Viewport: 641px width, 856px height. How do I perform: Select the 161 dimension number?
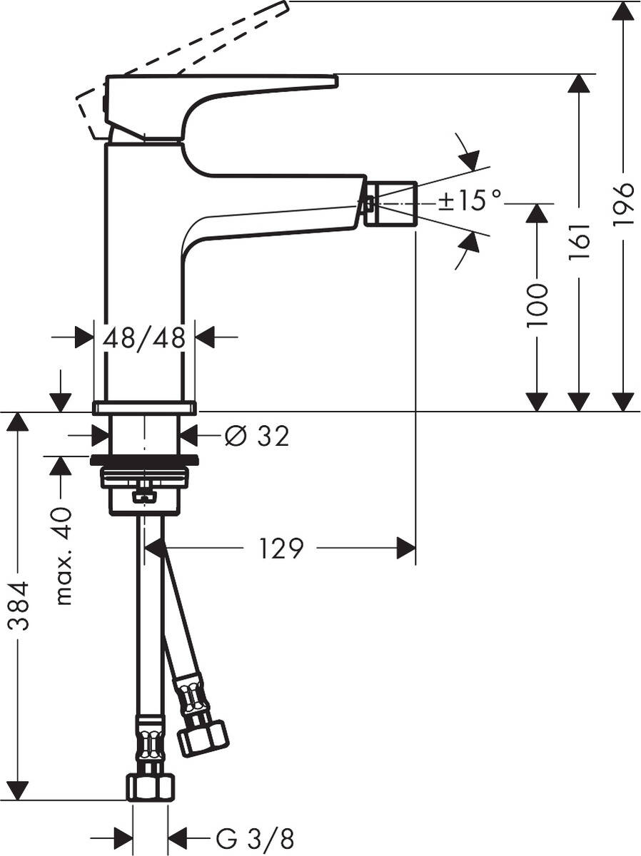point(580,240)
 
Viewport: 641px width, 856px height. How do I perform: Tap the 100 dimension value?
point(537,305)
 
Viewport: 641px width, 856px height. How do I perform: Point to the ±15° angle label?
point(470,201)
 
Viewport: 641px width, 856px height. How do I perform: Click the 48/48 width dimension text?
point(144,337)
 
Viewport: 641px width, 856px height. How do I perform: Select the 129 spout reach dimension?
point(281,549)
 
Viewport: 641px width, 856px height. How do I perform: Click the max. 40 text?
point(64,556)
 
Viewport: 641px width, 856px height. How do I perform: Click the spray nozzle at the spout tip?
point(390,203)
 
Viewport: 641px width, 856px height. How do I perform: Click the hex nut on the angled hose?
point(203,737)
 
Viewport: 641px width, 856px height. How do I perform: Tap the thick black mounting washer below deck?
point(144,459)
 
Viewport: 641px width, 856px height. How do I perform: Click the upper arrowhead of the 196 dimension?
point(623,11)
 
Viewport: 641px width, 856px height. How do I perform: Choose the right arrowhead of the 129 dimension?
point(405,549)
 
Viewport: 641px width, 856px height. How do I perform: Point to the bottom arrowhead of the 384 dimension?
point(17,790)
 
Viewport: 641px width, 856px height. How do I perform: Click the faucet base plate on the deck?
point(144,408)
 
